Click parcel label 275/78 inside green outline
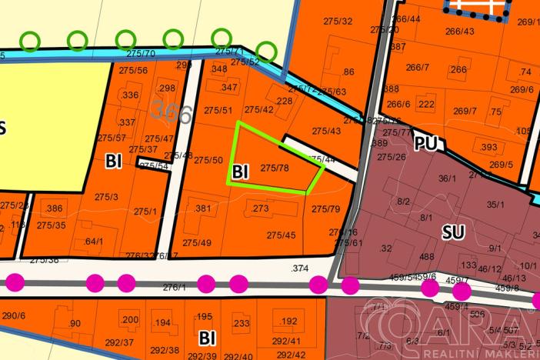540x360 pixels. [x=274, y=167]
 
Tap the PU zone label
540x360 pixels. [x=424, y=144]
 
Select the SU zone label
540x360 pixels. [x=453, y=230]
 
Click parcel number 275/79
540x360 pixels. [x=326, y=208]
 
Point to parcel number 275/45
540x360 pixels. [x=281, y=235]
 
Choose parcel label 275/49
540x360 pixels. [x=197, y=242]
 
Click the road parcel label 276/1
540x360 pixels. [x=175, y=287]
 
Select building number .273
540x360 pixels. [x=258, y=208]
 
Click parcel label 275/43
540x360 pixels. [x=326, y=131]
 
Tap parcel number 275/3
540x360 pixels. [x=106, y=197]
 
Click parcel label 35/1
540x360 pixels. [x=495, y=204]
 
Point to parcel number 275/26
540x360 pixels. [x=391, y=157]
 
